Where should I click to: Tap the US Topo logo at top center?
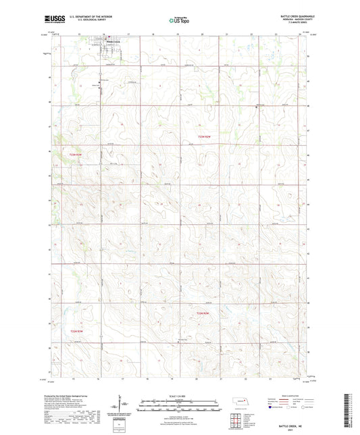click(x=179, y=20)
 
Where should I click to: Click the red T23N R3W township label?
click(x=76, y=153)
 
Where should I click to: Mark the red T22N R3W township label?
click(x=76, y=331)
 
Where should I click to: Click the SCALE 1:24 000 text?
click(x=180, y=395)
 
